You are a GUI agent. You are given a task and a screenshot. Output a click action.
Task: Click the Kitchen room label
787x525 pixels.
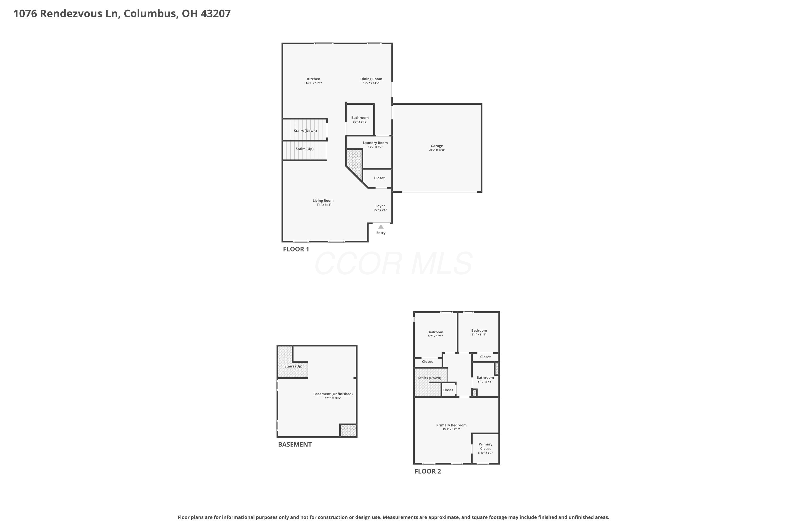[x=313, y=79]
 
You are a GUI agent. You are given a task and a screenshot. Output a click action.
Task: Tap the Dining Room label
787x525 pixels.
[x=371, y=79]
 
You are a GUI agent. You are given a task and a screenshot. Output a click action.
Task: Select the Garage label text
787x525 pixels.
[x=437, y=146]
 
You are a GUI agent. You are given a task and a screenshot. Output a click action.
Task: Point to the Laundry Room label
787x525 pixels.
[x=375, y=143]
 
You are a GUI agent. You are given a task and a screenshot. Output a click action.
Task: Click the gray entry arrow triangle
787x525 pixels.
[x=381, y=227]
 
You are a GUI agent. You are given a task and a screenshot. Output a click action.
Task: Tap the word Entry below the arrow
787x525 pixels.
[x=381, y=233]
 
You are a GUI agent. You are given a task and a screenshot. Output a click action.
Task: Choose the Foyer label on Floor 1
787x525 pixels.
[x=380, y=206]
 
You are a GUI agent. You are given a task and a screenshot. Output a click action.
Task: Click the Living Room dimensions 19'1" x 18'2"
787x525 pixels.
[x=323, y=204]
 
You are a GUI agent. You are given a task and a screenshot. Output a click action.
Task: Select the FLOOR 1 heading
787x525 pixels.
[x=296, y=249]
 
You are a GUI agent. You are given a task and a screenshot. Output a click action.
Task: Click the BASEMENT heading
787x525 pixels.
[x=295, y=444]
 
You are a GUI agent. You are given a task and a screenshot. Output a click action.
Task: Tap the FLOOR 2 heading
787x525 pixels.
[x=428, y=471]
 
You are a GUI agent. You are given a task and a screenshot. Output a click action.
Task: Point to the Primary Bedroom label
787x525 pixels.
[x=451, y=425]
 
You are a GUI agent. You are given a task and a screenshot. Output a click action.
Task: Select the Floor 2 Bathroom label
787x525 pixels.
[x=485, y=378]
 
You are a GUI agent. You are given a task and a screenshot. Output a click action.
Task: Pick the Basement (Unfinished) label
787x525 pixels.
[x=333, y=394]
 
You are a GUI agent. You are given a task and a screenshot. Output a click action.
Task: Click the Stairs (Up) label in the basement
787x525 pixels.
[x=294, y=366]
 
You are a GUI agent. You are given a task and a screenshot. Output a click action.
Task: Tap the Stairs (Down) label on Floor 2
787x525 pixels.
[x=430, y=378]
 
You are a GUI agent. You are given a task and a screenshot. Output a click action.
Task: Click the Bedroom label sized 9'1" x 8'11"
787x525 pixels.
[x=479, y=330]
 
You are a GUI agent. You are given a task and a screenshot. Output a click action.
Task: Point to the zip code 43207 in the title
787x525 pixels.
[x=216, y=13]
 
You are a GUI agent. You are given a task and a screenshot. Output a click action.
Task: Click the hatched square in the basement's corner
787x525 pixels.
[x=348, y=430]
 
